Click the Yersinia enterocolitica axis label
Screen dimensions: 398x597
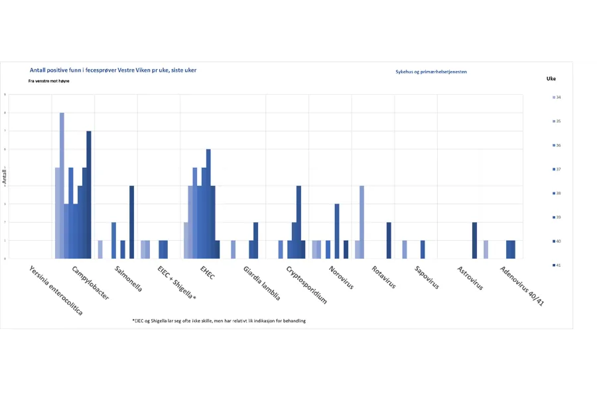pyautogui.click(x=56, y=291)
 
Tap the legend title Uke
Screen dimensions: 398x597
pyautogui.click(x=551, y=78)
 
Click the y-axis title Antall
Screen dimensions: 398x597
pyautogui.click(x=5, y=176)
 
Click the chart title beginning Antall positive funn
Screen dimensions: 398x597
pyautogui.click(x=113, y=70)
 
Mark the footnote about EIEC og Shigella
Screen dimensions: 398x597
pyautogui.click(x=219, y=320)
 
